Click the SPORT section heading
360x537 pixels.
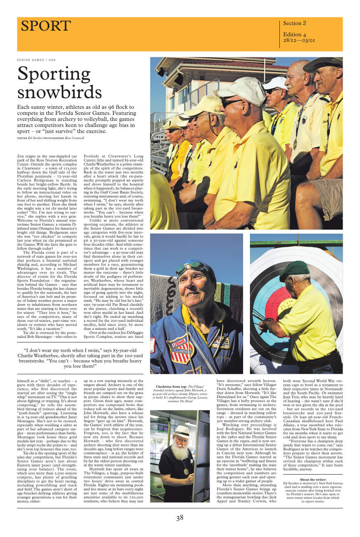tap(46, 26)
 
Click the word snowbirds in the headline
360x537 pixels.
tap(59, 92)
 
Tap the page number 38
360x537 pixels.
tap(180, 518)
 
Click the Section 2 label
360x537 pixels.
tap(294, 23)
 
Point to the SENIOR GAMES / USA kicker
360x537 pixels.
tap(36, 60)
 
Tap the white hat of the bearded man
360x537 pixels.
tap(182, 431)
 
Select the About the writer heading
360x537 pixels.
tap(313, 479)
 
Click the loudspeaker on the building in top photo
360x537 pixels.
tap(179, 79)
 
